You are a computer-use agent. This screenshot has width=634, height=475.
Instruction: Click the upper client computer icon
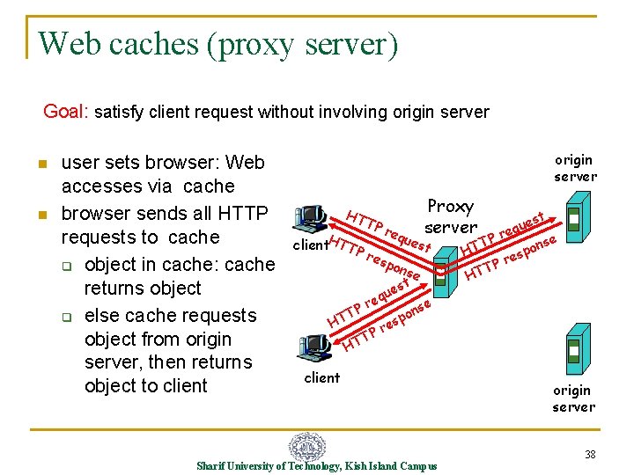click(x=311, y=218)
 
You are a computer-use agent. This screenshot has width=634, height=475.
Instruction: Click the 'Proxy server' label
click(x=451, y=216)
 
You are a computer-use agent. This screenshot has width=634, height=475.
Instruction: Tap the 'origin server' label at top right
click(x=574, y=168)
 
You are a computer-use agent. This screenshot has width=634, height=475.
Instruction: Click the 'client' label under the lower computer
click(x=321, y=377)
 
